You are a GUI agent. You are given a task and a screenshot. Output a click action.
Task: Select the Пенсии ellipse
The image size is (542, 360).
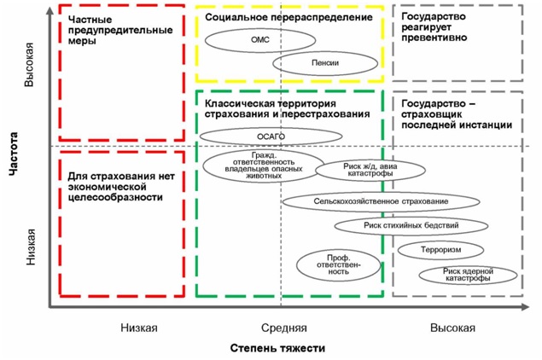click(325, 62)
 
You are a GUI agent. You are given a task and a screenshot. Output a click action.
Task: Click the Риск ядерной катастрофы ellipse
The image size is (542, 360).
click(469, 275)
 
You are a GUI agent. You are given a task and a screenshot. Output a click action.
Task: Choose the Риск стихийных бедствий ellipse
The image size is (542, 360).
click(411, 226)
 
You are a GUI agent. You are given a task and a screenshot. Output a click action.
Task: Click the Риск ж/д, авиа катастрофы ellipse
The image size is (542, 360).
click(367, 168)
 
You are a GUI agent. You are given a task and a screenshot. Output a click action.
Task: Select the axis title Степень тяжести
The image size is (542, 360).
click(277, 348)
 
